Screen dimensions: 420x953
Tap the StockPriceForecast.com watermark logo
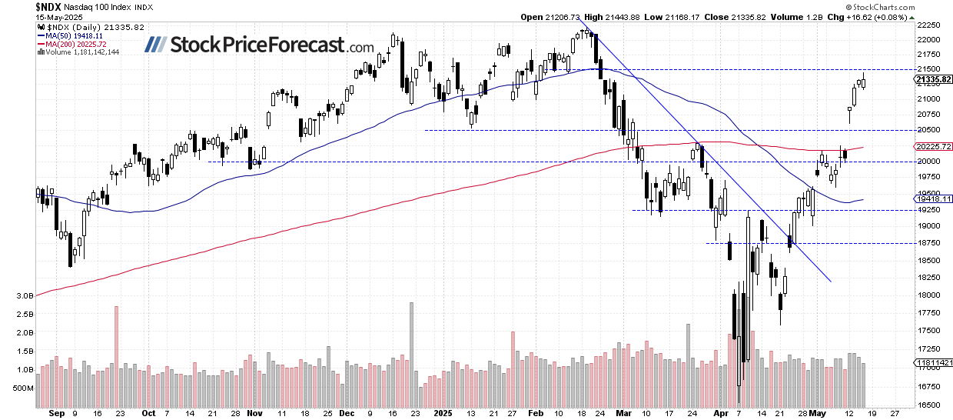(x=262, y=45)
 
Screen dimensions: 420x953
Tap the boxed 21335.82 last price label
(x=933, y=79)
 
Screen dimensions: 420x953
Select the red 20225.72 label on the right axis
(x=932, y=147)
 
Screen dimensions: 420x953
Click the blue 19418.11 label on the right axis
(x=932, y=198)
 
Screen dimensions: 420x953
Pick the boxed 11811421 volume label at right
(x=933, y=362)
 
